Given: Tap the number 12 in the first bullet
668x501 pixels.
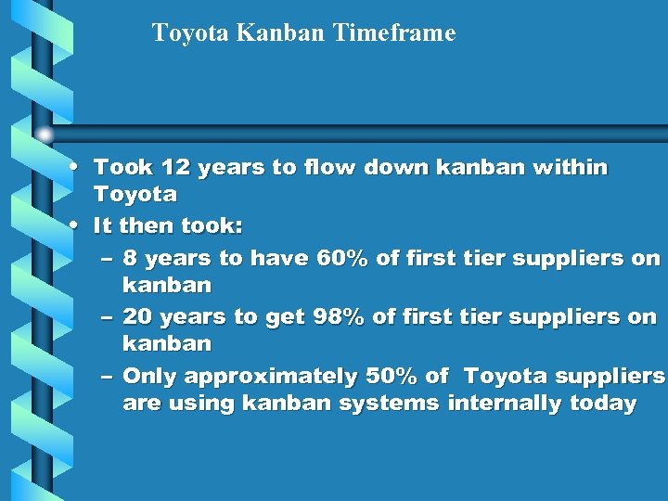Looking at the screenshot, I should click(x=174, y=168).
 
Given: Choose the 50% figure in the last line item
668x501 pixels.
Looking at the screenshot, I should click(x=393, y=377).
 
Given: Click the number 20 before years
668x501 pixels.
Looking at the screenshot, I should click(x=137, y=317).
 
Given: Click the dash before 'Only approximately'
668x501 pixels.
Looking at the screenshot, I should click(x=107, y=377).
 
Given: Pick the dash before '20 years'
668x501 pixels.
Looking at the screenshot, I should click(x=107, y=317).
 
